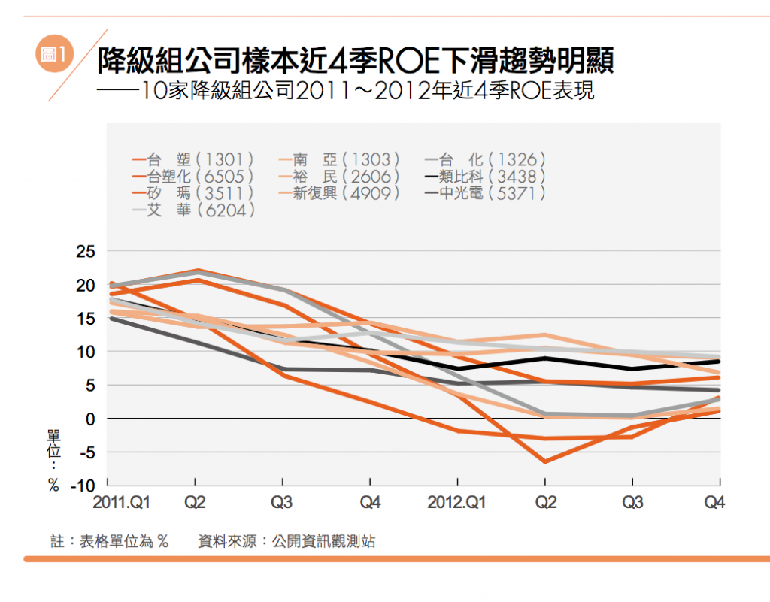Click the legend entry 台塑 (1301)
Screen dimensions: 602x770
(193, 159)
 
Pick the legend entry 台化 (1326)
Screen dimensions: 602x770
(485, 159)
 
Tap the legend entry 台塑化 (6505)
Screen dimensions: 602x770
(193, 177)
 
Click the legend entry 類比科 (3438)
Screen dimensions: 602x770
(485, 177)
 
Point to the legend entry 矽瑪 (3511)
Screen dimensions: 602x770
(193, 193)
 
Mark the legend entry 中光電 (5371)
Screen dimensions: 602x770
(485, 193)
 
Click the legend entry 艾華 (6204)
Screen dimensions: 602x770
(193, 210)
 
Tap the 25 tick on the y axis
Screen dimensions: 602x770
(86, 252)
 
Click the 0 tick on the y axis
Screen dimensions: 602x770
(90, 419)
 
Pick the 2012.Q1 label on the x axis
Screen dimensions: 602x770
(456, 503)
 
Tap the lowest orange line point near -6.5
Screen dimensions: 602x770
(545, 461)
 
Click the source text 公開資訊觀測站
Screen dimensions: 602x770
(324, 541)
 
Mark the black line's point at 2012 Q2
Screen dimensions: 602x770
(545, 358)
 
